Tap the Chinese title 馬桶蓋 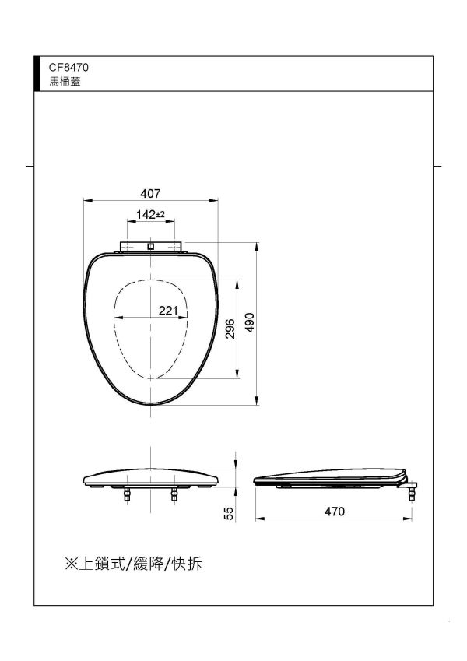pos(62,80)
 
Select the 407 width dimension pos(150,192)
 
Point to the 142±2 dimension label pos(149,214)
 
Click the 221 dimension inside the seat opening pos(168,310)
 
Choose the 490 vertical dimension pos(250,323)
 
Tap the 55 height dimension pos(229,513)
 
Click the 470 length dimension pos(334,512)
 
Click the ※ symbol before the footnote pos(72,563)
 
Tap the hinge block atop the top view pos(151,247)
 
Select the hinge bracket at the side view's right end pos(410,490)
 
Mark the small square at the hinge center pos(151,248)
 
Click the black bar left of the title pos(37,73)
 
